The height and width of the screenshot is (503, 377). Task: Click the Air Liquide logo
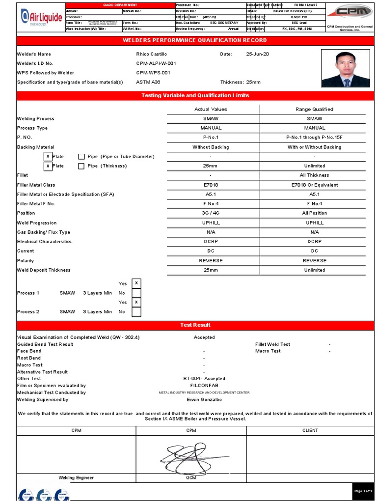(x=41, y=18)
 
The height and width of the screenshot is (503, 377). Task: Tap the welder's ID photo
(x=346, y=68)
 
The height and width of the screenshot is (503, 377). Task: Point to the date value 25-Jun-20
(x=257, y=54)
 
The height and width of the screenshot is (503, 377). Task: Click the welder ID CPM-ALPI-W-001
(x=156, y=63)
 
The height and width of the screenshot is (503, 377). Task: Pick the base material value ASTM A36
(x=148, y=82)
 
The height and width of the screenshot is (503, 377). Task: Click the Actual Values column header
(x=211, y=109)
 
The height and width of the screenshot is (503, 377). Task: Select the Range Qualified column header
(x=314, y=109)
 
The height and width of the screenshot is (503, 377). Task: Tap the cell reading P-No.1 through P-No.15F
(x=314, y=138)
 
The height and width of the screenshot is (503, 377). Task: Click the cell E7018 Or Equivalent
(x=314, y=185)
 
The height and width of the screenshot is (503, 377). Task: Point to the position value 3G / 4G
(x=211, y=213)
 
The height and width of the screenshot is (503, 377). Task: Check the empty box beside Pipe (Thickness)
(x=81, y=166)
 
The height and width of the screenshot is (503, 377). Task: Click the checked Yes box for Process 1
(x=136, y=283)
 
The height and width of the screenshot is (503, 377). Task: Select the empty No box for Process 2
(x=136, y=312)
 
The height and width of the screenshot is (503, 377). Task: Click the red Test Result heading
(x=195, y=325)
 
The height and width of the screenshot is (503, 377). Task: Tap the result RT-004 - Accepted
(x=204, y=379)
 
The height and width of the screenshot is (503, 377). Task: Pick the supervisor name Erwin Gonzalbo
(x=204, y=400)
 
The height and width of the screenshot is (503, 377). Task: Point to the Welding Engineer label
(x=76, y=477)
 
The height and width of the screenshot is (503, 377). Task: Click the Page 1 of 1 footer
(x=363, y=491)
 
